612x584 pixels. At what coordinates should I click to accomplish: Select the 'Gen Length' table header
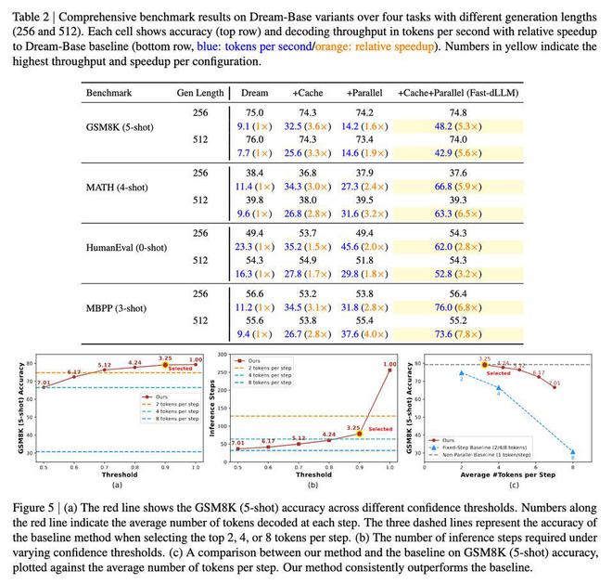point(199,94)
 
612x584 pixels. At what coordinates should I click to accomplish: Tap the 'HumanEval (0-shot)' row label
point(124,247)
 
